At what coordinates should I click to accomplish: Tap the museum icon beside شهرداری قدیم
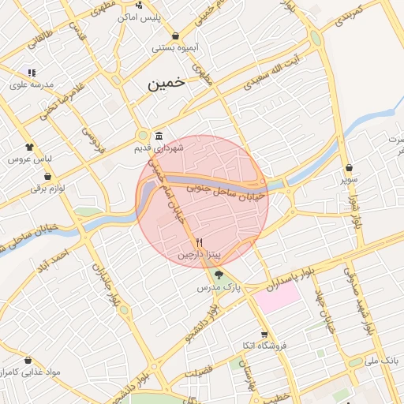coord(159,135)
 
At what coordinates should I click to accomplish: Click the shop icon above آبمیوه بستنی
coord(174,36)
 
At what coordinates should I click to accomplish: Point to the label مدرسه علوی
coord(32,84)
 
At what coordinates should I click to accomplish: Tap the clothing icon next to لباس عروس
coord(30,147)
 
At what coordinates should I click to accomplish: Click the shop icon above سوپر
coord(349,168)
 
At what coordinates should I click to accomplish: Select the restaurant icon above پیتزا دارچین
coord(199,242)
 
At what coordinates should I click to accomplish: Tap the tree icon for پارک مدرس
coord(219,275)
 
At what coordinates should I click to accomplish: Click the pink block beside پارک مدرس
coord(276,297)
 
